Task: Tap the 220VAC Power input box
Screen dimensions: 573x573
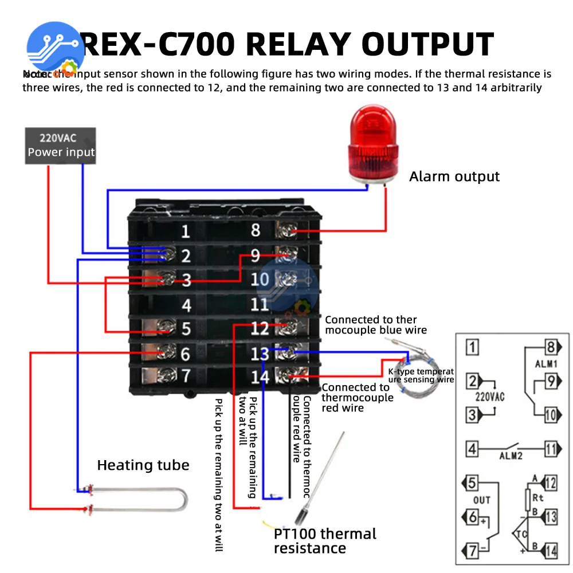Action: tap(61, 146)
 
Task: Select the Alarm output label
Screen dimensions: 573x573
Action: tap(454, 176)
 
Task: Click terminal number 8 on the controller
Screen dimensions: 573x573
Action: tap(256, 230)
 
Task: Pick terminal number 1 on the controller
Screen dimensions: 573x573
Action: tap(185, 232)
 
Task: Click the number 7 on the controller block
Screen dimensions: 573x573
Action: tap(186, 376)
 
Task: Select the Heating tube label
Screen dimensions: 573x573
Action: tap(143, 465)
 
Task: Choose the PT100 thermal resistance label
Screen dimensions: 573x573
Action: tap(325, 541)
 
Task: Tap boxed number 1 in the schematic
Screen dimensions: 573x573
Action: tap(472, 347)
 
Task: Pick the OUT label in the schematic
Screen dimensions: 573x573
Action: tap(481, 500)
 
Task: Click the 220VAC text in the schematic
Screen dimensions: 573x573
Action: tap(489, 396)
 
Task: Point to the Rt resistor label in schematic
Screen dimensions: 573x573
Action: tap(537, 497)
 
